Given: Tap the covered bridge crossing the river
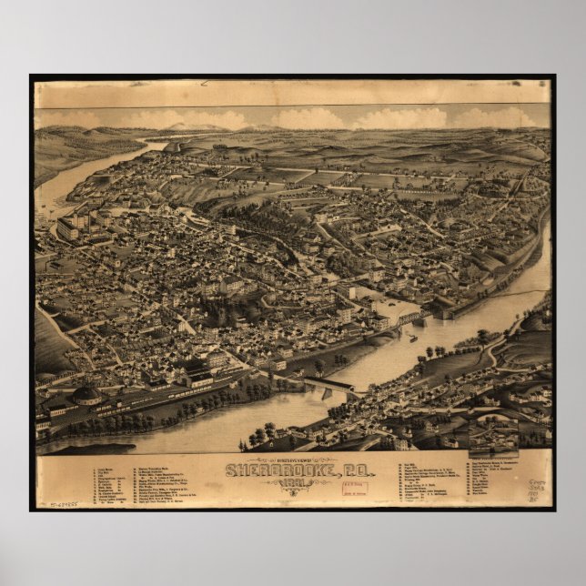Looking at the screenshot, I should [x=329, y=385].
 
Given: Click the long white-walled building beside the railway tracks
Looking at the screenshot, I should [x=205, y=376].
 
